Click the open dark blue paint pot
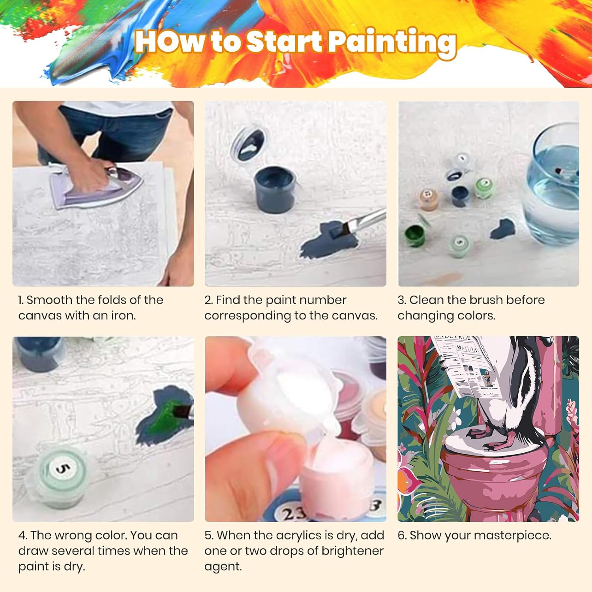[x=275, y=189]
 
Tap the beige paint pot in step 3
[x=429, y=200]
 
